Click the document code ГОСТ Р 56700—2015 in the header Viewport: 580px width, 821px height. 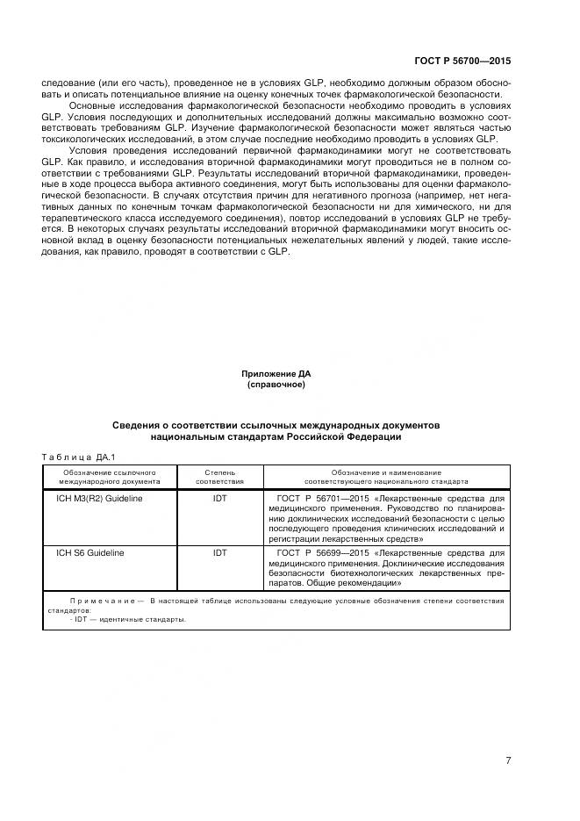coord(462,62)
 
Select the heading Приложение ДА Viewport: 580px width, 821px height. coord(276,374)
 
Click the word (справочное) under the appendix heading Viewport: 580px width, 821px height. coord(276,385)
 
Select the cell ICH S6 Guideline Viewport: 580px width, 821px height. coord(90,553)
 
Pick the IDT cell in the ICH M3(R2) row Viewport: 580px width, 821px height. coord(219,498)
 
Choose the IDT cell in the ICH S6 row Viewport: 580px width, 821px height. coord(219,553)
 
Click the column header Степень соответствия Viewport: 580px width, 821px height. coord(219,477)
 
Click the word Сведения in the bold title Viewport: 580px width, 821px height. coord(136,425)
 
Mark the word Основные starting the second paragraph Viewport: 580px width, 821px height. coord(90,105)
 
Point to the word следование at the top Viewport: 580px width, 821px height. coord(67,83)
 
